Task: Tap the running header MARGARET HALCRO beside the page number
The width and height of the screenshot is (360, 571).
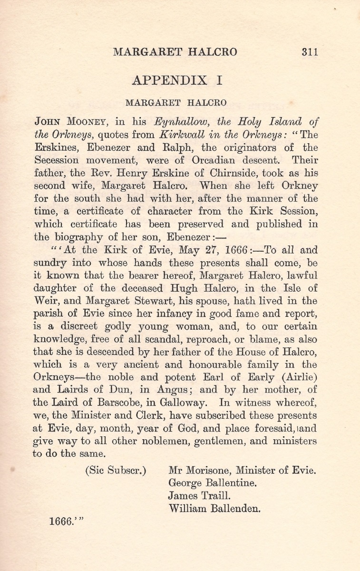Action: pos(175,52)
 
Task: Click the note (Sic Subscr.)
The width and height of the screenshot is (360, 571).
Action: pos(116,457)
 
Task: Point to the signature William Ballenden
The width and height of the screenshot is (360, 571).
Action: pos(215,495)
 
